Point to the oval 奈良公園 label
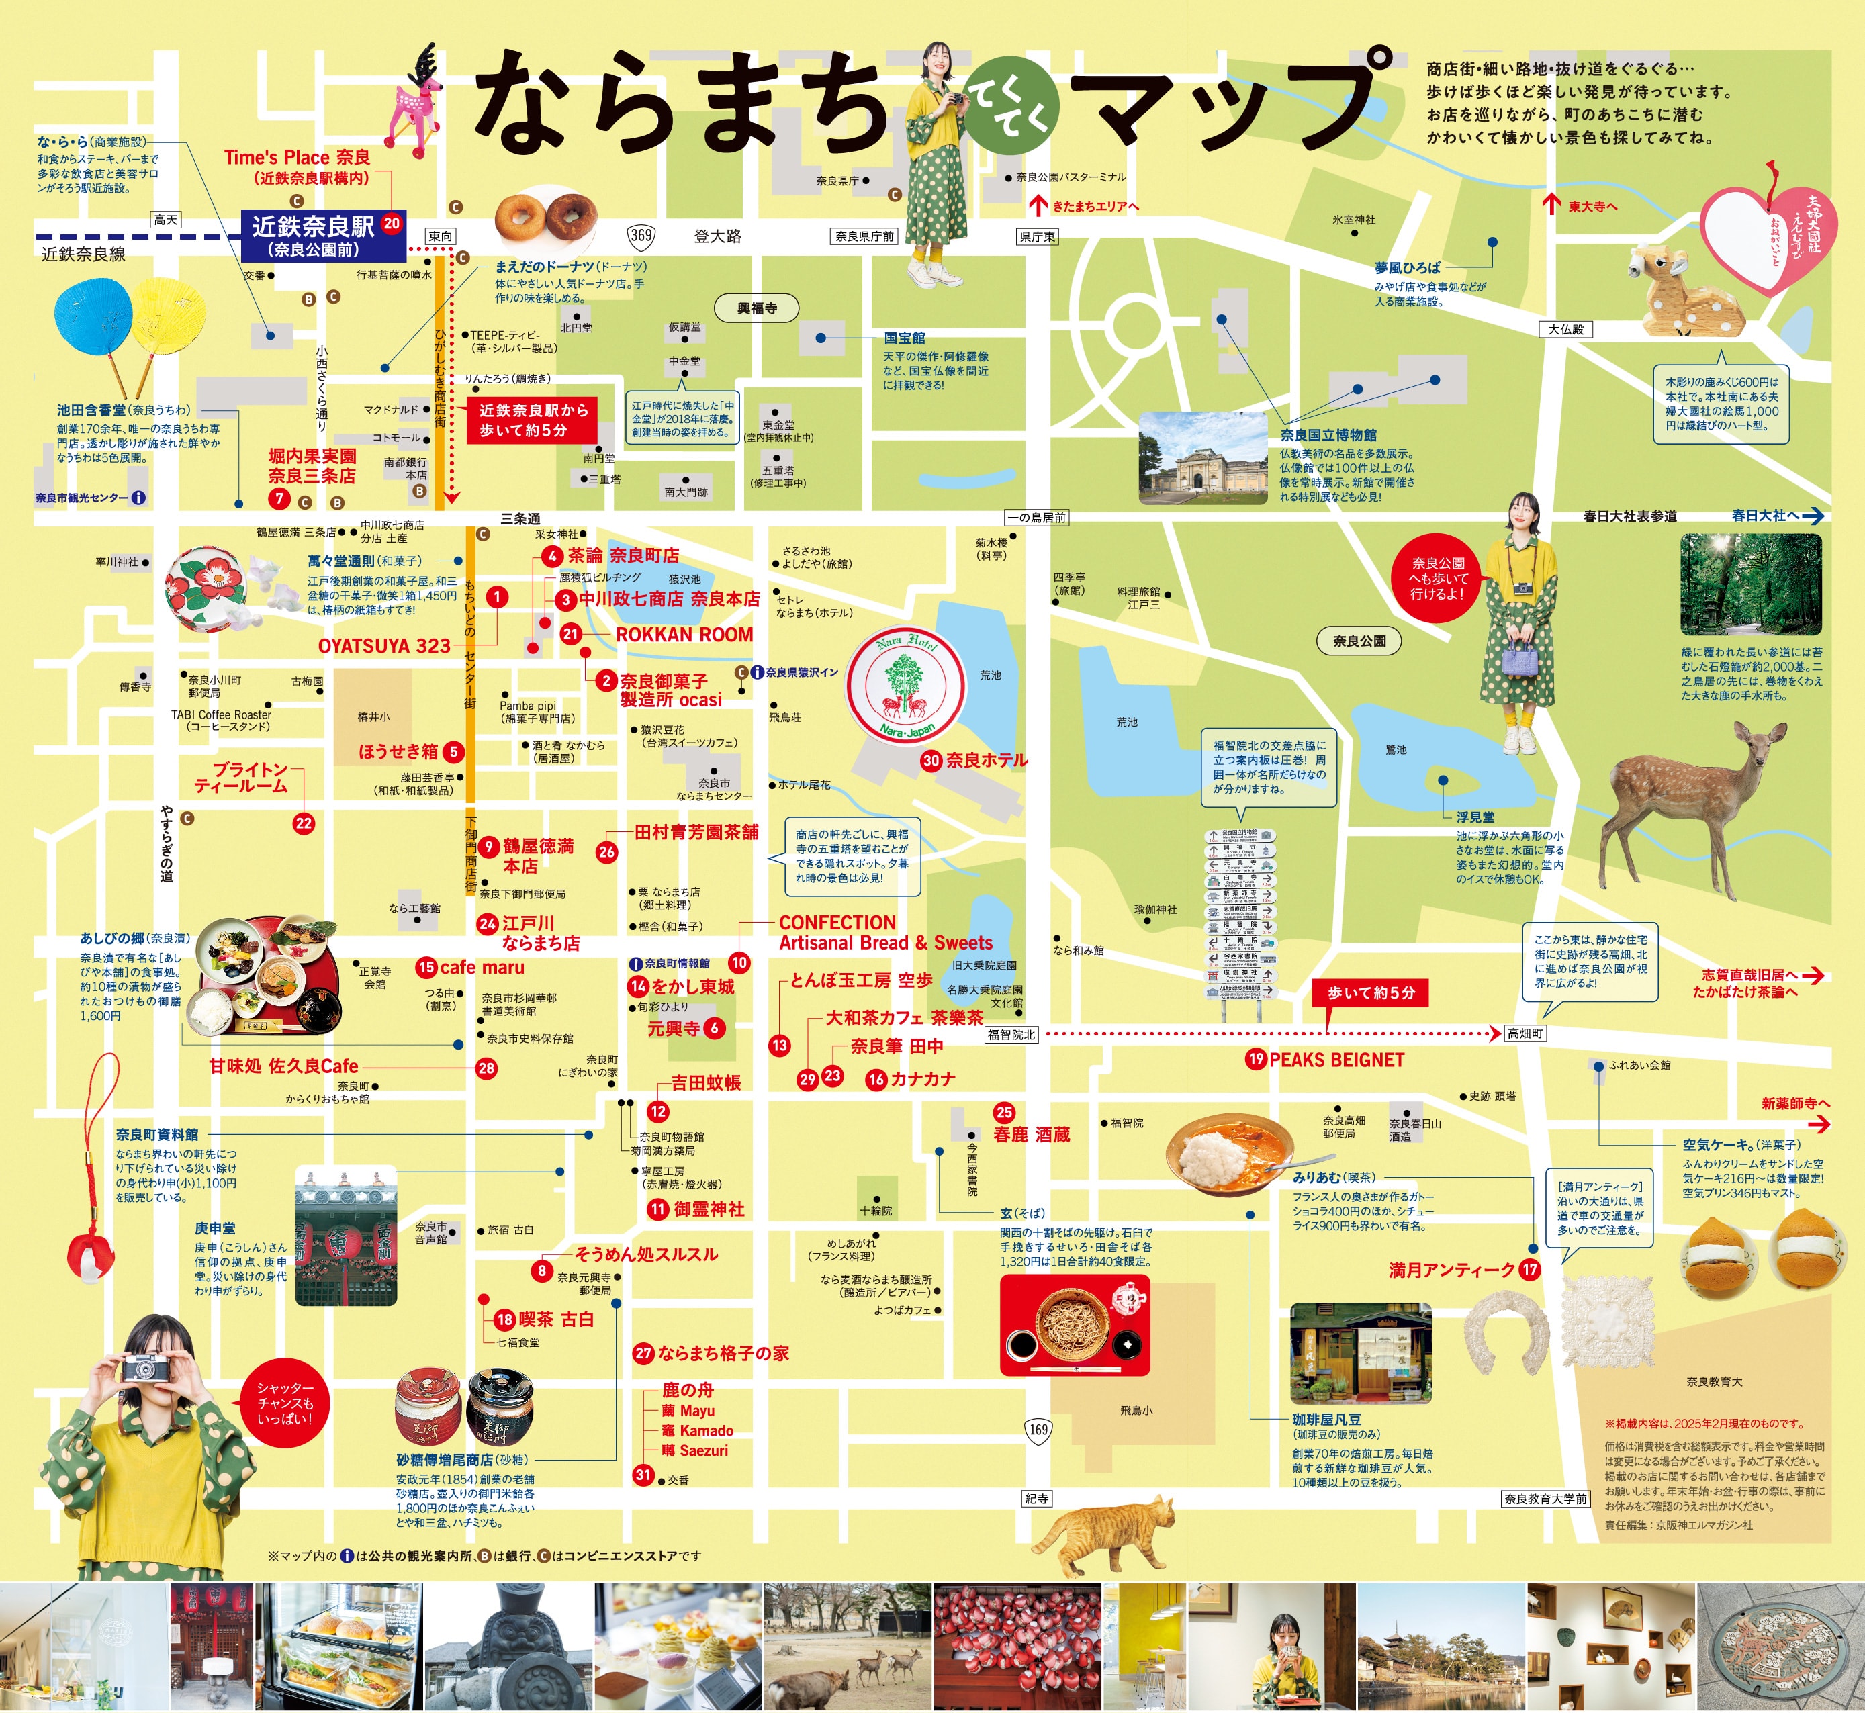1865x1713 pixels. tap(1359, 641)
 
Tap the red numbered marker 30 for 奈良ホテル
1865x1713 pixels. tap(931, 760)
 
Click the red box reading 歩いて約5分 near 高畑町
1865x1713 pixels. tap(1370, 992)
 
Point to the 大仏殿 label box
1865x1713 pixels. tap(1565, 329)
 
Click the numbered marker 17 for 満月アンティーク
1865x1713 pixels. tap(1529, 1270)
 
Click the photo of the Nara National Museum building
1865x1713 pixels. tap(1202, 458)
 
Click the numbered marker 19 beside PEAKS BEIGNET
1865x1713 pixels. tap(1256, 1058)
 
